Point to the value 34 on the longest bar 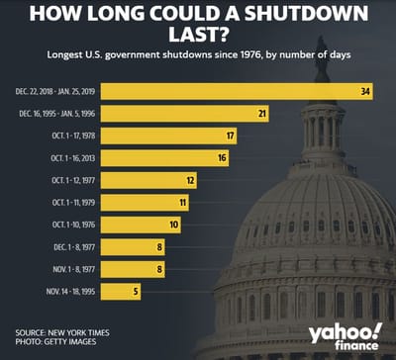click(365, 91)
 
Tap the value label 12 click(190, 180)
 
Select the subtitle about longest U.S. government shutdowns click(198, 60)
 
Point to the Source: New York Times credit click(61, 332)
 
